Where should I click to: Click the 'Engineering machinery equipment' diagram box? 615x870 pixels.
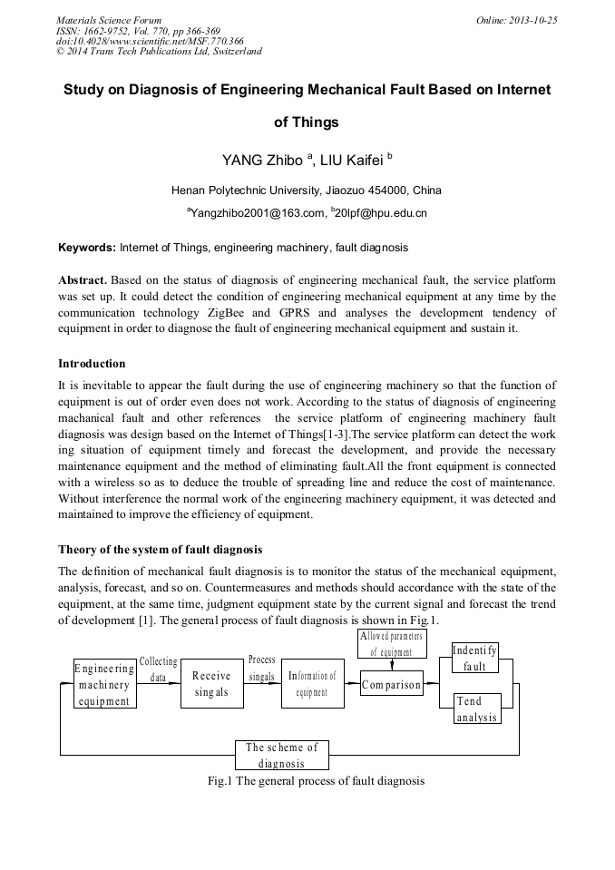pos(104,684)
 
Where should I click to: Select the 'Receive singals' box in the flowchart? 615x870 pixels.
pos(211,683)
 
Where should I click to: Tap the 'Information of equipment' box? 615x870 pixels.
pos(313,683)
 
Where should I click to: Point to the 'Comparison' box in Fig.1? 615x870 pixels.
pos(392,685)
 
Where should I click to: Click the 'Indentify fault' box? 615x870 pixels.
pos(474,659)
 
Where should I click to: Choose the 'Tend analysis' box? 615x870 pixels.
pos(476,709)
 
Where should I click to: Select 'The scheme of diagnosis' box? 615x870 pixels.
pos(281,755)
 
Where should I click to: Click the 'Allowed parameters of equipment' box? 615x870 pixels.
pos(391,644)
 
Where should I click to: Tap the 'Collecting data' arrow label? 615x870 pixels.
pos(159,670)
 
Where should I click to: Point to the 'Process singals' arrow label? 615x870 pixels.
pos(261,669)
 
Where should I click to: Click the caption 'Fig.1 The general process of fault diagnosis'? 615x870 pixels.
pos(316,781)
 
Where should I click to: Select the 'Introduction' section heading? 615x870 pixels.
pos(92,364)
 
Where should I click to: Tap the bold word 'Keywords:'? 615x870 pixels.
pos(87,247)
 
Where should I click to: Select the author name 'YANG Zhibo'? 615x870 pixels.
pos(263,161)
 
